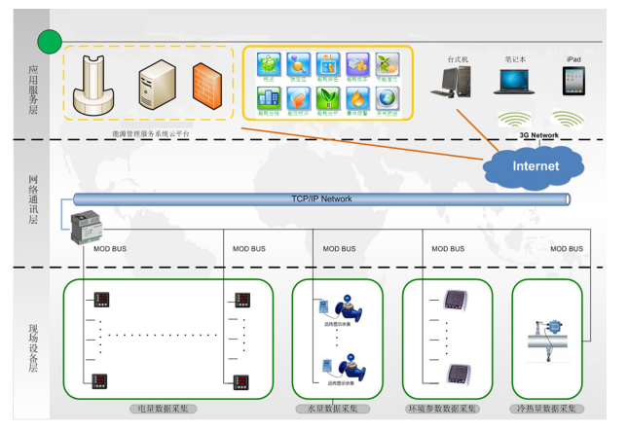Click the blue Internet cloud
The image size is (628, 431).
pos(536,166)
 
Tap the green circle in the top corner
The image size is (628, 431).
pos(49,41)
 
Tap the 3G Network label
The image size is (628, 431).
pos(538,135)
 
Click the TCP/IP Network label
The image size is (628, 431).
pos(321,199)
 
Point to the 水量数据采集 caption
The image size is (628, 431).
pos(332,409)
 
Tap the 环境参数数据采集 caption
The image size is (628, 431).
pos(444,409)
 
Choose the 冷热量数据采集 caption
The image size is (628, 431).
pos(547,409)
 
